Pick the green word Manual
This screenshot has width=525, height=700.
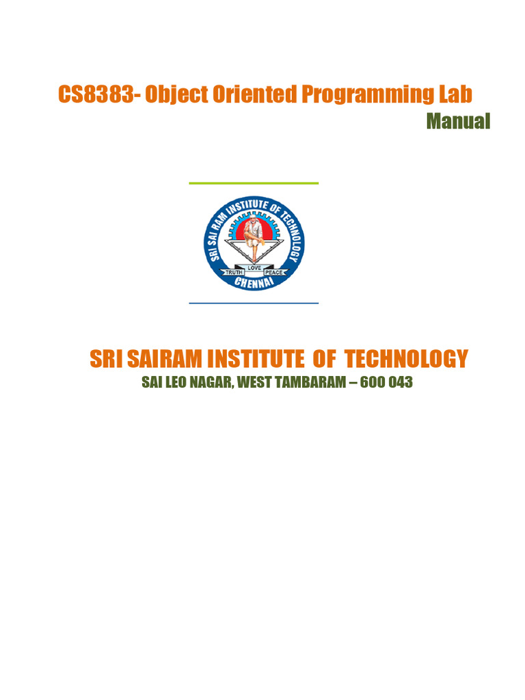coord(458,122)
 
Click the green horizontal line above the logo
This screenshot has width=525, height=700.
coord(254,183)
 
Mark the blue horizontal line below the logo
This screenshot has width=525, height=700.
coord(254,303)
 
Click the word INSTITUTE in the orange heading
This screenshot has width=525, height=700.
coord(259,358)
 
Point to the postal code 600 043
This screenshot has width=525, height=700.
coord(388,383)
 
